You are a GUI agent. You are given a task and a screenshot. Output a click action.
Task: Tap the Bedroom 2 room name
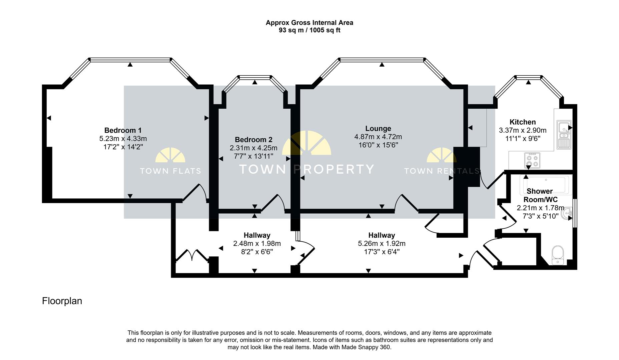tap(253, 140)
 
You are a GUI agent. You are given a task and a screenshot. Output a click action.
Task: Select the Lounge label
tap(378, 128)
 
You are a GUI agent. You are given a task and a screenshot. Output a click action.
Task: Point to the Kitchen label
tap(523, 122)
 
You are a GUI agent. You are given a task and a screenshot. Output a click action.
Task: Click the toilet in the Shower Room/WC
tap(557, 255)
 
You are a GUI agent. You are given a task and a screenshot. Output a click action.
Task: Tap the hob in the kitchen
tap(532, 160)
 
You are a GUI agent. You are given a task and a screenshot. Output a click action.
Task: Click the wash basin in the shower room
tap(567, 213)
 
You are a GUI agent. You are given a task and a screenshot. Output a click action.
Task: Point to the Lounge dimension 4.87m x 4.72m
tap(378, 137)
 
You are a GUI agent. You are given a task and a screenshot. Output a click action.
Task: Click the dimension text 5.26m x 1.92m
tap(382, 243)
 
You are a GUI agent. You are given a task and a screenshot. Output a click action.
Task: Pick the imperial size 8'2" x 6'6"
tap(257, 252)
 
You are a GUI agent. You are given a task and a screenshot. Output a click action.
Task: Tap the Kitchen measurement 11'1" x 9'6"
tap(523, 138)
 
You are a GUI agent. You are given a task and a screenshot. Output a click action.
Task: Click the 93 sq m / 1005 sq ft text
tap(309, 30)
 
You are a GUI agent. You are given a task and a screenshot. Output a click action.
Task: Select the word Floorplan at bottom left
tap(62, 301)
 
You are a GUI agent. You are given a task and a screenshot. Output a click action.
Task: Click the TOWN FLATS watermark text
tap(170, 171)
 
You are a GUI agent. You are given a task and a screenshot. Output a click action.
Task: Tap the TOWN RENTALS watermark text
tap(442, 171)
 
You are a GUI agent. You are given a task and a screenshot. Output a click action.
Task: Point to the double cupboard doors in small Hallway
tap(192, 255)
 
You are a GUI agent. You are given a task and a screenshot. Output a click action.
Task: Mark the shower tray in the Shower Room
tap(546, 185)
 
